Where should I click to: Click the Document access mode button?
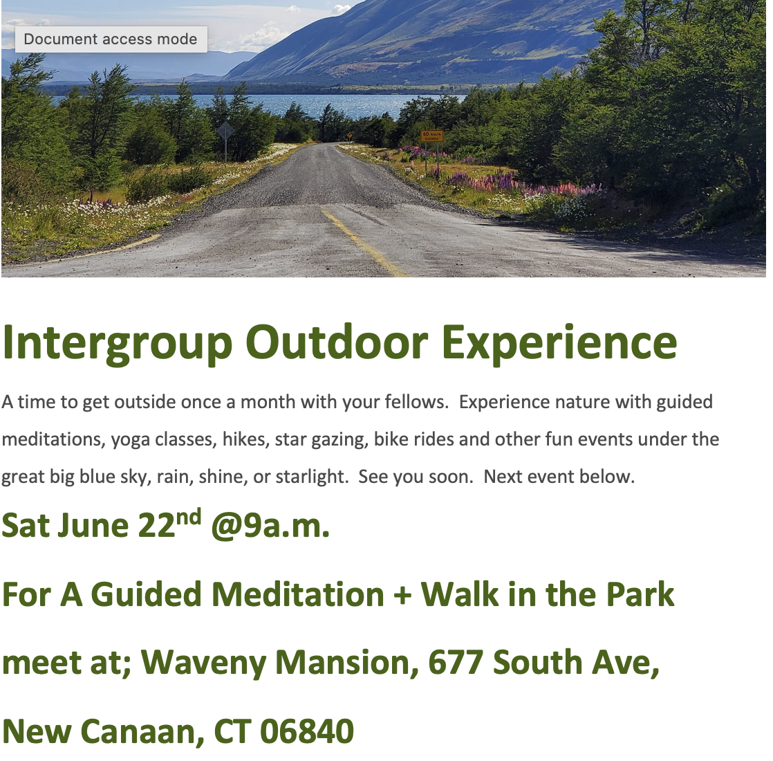point(111,39)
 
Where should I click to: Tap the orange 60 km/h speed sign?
point(432,136)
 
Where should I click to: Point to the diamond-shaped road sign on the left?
point(225,131)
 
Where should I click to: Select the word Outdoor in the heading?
point(337,342)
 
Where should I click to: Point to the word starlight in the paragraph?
point(312,477)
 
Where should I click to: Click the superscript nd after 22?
point(188,517)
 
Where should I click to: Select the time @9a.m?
point(270,526)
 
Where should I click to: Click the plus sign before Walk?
point(402,595)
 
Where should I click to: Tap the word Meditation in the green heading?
point(298,594)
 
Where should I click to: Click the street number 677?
point(456,662)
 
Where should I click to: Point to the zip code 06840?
point(306,731)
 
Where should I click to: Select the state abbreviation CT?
point(232,731)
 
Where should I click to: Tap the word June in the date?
point(93,526)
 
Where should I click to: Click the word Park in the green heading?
point(640,594)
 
